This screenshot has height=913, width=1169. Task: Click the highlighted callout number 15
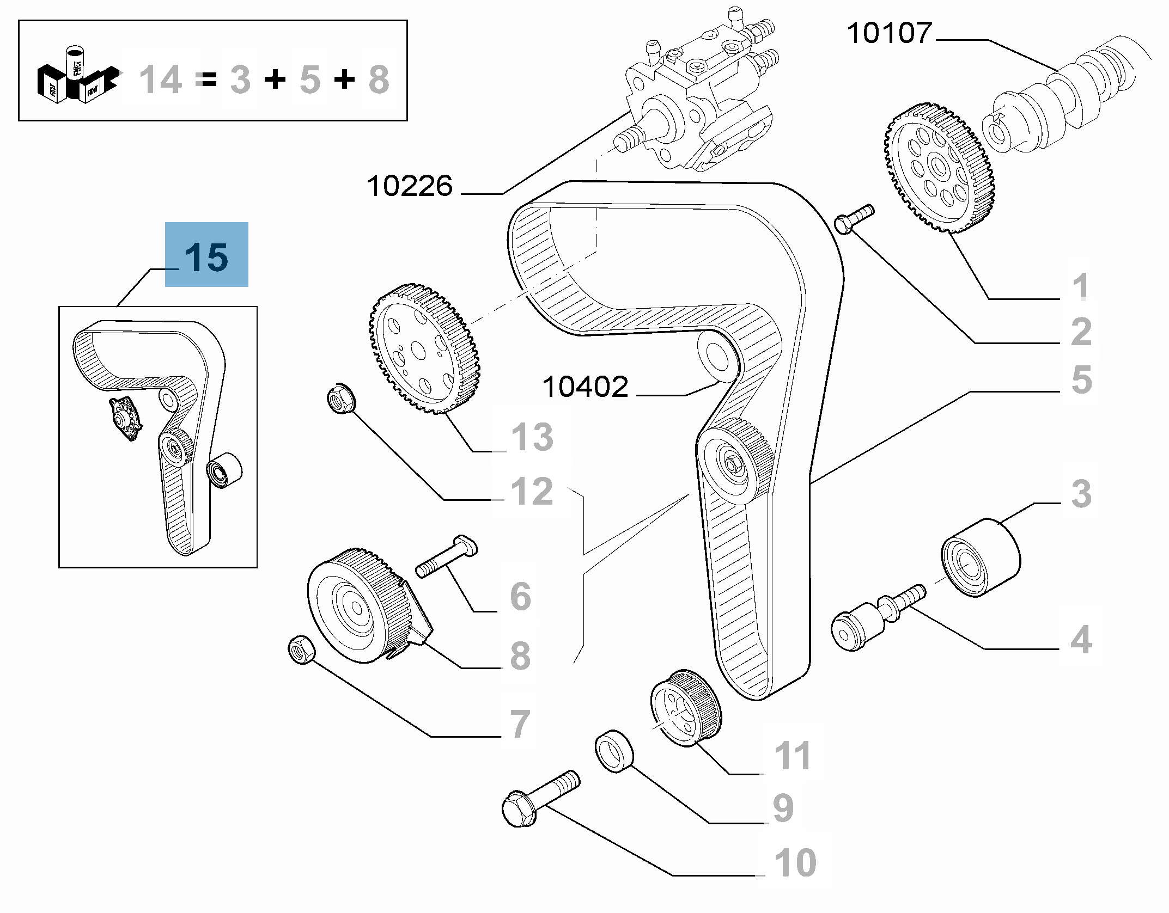206,258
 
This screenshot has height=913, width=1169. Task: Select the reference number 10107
890,33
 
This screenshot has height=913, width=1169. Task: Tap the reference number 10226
410,186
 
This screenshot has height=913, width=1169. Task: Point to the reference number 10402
585,387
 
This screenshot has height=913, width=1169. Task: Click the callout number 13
532,437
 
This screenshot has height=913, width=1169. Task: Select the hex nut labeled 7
302,649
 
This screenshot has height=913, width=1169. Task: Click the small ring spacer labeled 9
614,751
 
